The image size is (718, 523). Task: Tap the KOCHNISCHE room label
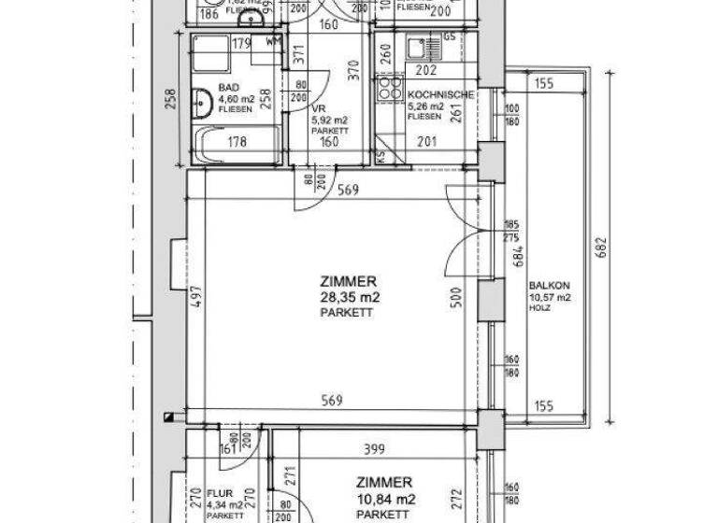(x=440, y=95)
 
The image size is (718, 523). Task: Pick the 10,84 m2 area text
(x=383, y=499)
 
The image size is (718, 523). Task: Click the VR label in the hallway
(x=317, y=107)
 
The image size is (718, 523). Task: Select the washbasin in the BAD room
(x=201, y=101)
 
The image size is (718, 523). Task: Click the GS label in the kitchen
(x=450, y=36)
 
